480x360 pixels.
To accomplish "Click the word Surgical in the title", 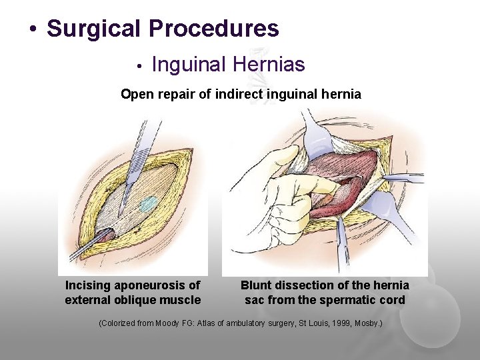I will [94, 29].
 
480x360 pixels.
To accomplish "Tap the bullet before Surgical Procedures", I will [32, 31].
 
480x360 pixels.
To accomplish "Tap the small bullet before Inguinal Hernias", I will [138, 66].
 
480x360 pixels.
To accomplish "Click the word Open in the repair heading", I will [134, 94].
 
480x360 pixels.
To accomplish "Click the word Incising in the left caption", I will [87, 285].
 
